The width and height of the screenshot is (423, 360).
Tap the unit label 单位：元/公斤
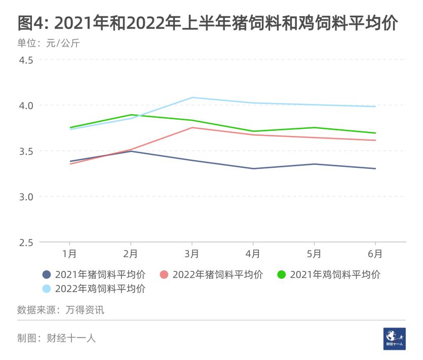(x=49, y=43)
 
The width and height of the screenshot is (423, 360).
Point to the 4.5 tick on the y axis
(x=26, y=60)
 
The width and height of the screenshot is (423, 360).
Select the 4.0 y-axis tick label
(x=26, y=105)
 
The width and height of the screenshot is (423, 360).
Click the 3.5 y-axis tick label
(x=26, y=151)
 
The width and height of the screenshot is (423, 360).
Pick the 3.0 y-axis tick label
(x=26, y=197)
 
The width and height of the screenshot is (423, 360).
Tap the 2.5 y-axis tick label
(x=26, y=242)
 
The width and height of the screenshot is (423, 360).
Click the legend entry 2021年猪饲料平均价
(x=94, y=275)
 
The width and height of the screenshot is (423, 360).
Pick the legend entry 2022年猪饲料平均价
(x=212, y=275)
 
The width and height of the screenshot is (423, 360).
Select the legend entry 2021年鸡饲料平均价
(x=329, y=275)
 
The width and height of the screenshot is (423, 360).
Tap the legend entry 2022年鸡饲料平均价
(x=94, y=289)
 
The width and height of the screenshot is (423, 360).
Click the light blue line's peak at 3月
(x=192, y=97)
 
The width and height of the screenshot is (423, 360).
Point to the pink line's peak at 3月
(x=192, y=127)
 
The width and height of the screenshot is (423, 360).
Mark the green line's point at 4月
(x=253, y=131)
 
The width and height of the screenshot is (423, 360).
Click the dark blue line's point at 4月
(x=253, y=168)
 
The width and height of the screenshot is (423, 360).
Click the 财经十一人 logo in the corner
(x=395, y=338)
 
